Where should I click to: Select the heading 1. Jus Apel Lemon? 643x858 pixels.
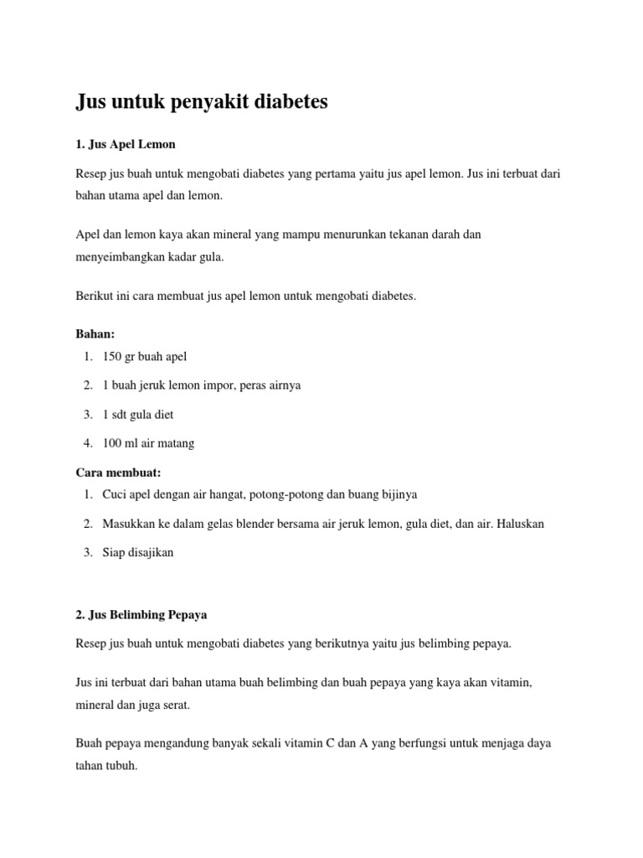(x=126, y=144)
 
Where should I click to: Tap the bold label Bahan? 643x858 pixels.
(x=95, y=333)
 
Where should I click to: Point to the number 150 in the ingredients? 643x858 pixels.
(x=112, y=356)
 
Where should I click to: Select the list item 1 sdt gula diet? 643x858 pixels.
(x=138, y=415)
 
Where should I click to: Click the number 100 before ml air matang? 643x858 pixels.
(x=112, y=443)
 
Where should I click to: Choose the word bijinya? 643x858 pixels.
(x=397, y=494)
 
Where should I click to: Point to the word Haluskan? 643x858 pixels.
(x=519, y=524)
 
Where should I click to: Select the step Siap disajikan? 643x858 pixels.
(x=138, y=553)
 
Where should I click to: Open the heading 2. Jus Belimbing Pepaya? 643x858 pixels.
(x=141, y=614)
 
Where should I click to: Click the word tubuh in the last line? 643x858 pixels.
(x=120, y=765)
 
